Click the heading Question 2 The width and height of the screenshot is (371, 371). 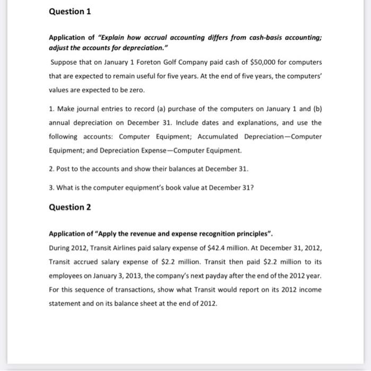coord(70,207)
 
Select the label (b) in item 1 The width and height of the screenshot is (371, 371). coord(317,109)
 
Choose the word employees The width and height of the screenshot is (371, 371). coord(67,276)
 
